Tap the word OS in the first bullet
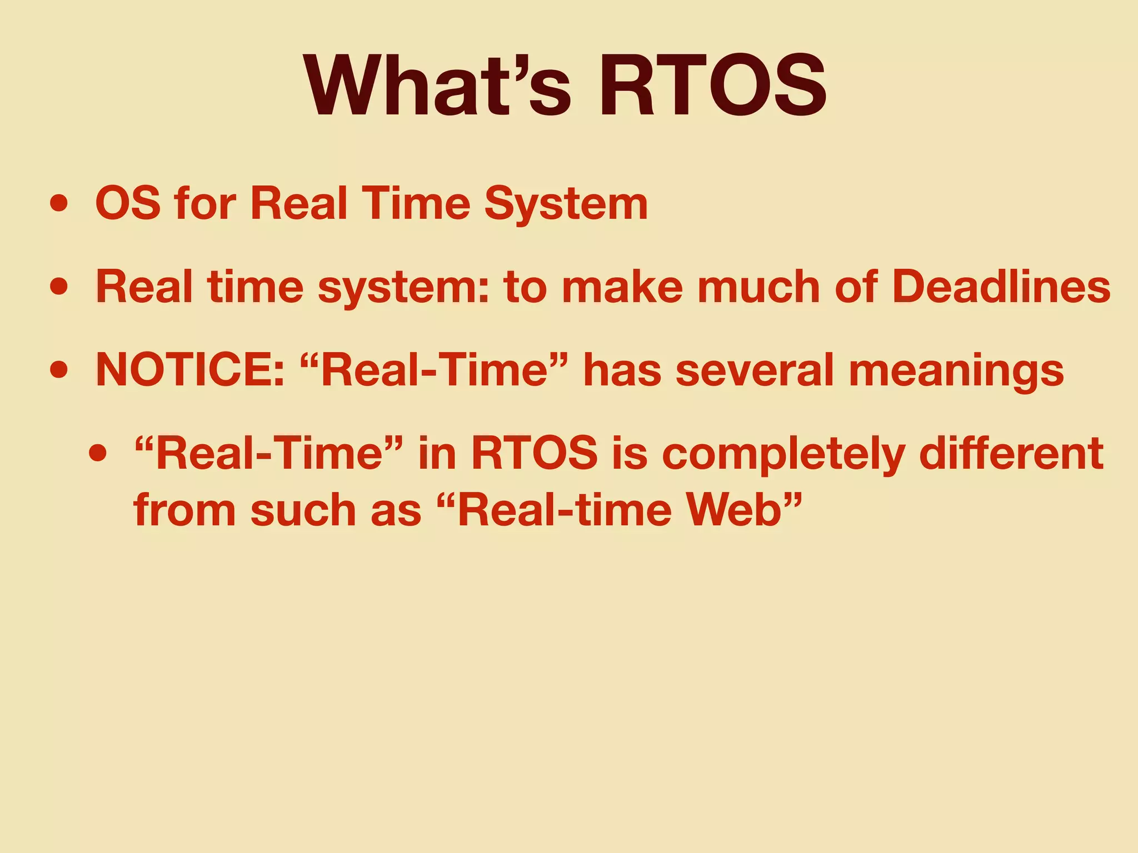click(x=128, y=204)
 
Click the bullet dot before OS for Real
click(x=59, y=204)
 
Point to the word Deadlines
click(x=1001, y=287)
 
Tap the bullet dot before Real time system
click(x=59, y=288)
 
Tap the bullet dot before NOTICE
click(x=59, y=371)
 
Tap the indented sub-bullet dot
click(x=97, y=454)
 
